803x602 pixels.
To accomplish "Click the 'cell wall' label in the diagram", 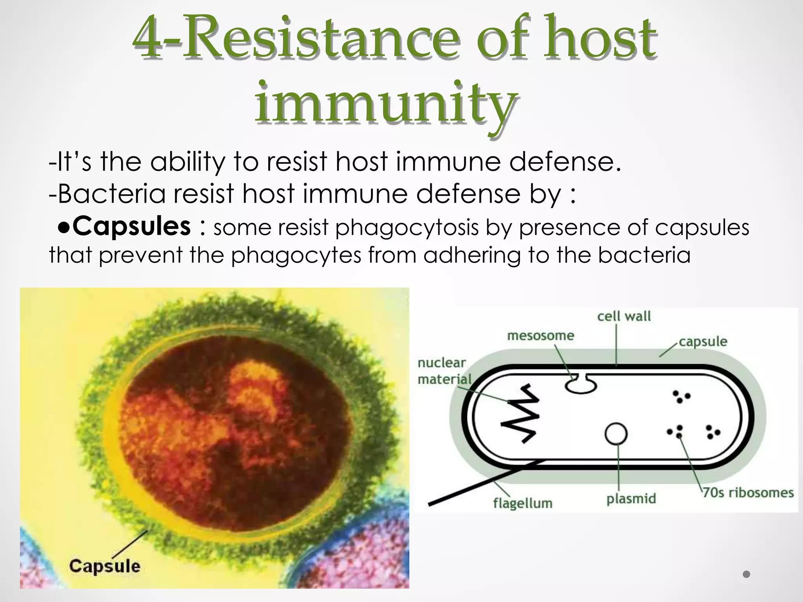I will (x=623, y=316).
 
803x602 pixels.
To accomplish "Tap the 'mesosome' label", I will (x=540, y=335).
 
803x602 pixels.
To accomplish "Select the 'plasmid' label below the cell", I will (x=631, y=499).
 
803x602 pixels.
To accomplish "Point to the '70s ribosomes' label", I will (x=748, y=493).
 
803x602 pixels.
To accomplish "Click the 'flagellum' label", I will (x=523, y=503).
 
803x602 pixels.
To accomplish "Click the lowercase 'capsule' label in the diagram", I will (x=703, y=341).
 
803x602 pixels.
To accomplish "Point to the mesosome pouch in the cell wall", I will (x=581, y=384).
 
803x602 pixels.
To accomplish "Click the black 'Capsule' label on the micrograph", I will (x=104, y=566).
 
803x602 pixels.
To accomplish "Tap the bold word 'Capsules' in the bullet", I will (x=131, y=227).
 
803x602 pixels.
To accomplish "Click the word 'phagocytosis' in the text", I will (x=407, y=227).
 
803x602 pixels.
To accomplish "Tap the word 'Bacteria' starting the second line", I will (x=112, y=194).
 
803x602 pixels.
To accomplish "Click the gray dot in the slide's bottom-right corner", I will (x=747, y=575).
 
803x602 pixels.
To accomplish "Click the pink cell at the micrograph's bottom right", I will (x=353, y=557).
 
